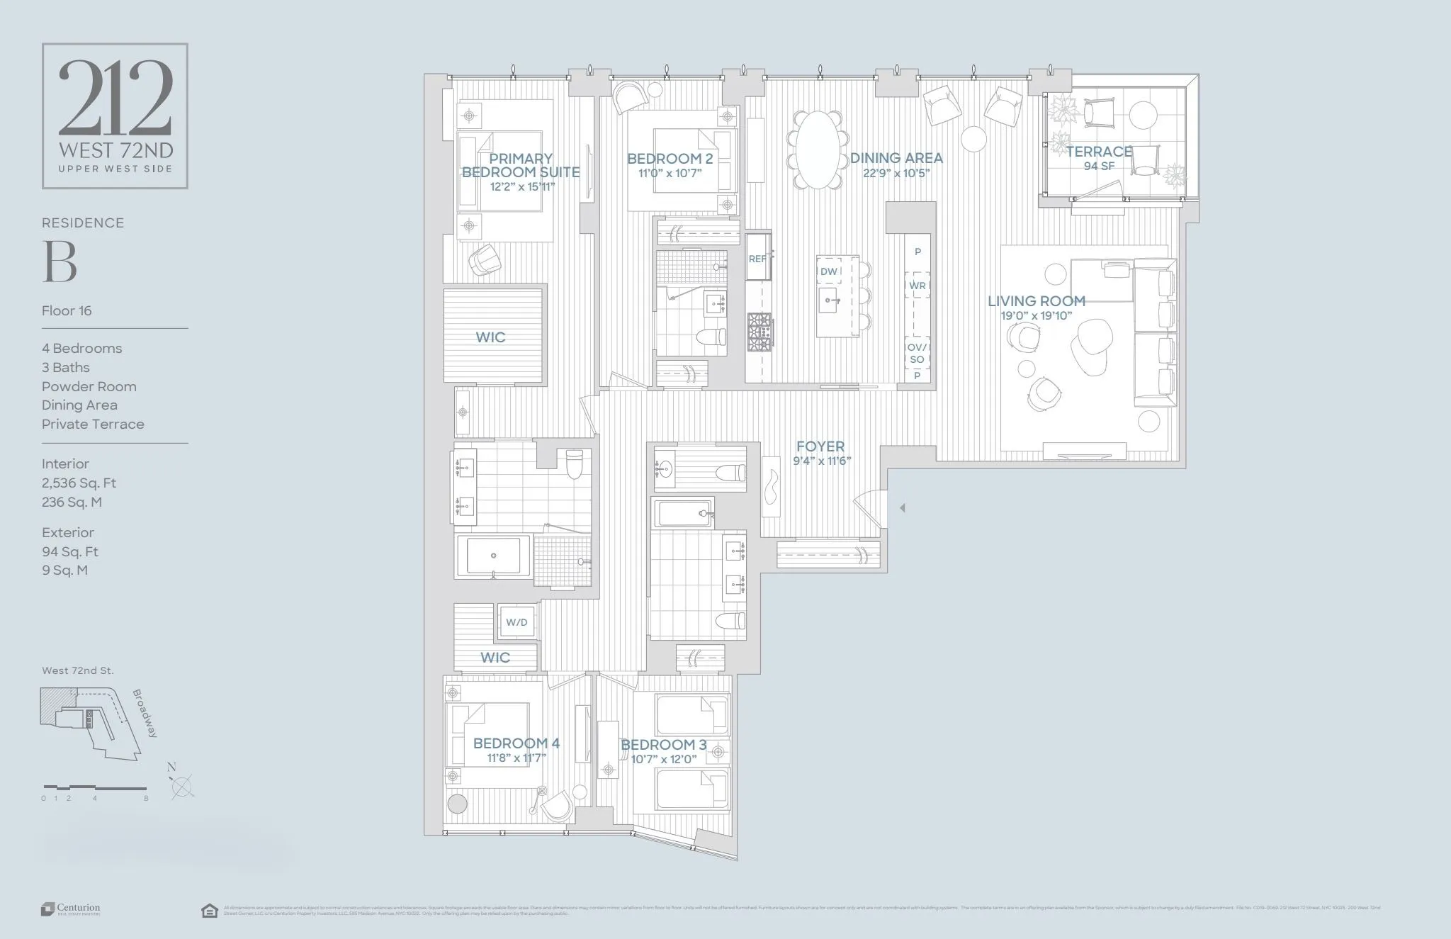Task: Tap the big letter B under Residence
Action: pos(60,262)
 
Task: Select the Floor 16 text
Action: pos(67,311)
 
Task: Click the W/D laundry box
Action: pos(516,622)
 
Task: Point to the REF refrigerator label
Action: pos(757,259)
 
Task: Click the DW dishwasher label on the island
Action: pos(828,271)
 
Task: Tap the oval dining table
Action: pos(818,150)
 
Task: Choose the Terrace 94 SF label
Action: pos(1099,158)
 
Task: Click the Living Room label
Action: pos(1036,301)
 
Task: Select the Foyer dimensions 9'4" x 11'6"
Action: pos(821,461)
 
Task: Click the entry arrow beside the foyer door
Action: pos(902,507)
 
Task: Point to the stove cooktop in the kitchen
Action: pos(760,332)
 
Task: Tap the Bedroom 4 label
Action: pos(516,743)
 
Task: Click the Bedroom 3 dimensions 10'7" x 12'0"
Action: pos(663,759)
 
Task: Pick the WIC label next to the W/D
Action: pos(495,658)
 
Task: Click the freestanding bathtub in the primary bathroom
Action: pos(494,556)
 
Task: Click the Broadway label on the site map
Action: pos(145,714)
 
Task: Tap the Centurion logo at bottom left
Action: pos(70,909)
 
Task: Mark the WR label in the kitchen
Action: pos(917,286)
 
